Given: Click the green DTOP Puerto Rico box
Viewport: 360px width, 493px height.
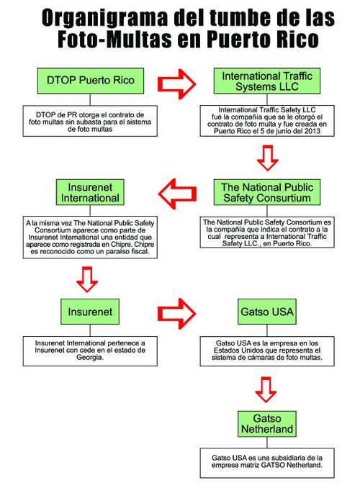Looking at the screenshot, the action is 91,81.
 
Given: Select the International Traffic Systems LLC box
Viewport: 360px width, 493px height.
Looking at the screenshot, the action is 267,81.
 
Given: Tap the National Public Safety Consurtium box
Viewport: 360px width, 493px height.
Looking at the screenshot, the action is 267,192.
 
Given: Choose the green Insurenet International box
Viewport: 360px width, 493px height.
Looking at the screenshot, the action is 90,192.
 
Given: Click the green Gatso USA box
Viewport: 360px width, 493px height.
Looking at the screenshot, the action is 267,312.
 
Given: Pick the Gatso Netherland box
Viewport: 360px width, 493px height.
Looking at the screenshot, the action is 267,423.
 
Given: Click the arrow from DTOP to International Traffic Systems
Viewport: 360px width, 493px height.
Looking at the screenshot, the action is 176,84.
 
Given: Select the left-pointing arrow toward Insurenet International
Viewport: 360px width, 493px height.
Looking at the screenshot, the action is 177,194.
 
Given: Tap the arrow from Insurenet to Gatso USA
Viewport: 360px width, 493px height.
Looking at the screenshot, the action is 176,314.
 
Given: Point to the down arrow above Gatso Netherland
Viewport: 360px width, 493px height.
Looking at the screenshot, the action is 266,389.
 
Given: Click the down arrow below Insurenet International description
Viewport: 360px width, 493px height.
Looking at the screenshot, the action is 87,279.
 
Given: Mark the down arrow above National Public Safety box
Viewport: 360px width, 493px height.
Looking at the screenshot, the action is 268,158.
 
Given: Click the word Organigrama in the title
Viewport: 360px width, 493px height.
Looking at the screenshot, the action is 104,18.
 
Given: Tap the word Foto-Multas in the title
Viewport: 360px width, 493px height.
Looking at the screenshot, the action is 114,39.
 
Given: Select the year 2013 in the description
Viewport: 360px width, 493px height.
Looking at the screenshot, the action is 312,131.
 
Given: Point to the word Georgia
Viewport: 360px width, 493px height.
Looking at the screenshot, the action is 89,357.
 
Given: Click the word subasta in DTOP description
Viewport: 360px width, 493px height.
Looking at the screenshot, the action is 96,122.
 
